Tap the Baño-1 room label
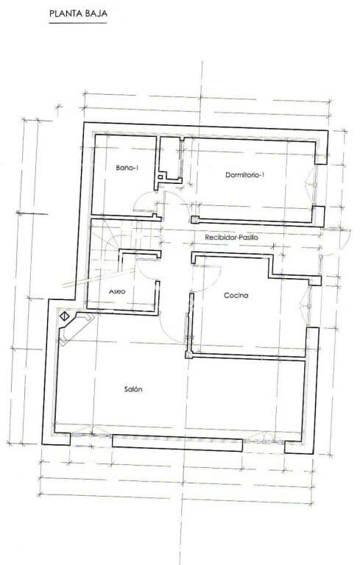tap(127, 168)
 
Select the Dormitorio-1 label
tap(244, 175)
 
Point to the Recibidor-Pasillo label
tap(231, 238)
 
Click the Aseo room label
tap(117, 291)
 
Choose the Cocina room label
tap(236, 295)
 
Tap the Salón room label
tap(133, 390)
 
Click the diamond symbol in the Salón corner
tap(65, 316)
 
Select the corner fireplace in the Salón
tap(76, 326)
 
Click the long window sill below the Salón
tap(177, 443)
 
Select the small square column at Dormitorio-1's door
tap(194, 218)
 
